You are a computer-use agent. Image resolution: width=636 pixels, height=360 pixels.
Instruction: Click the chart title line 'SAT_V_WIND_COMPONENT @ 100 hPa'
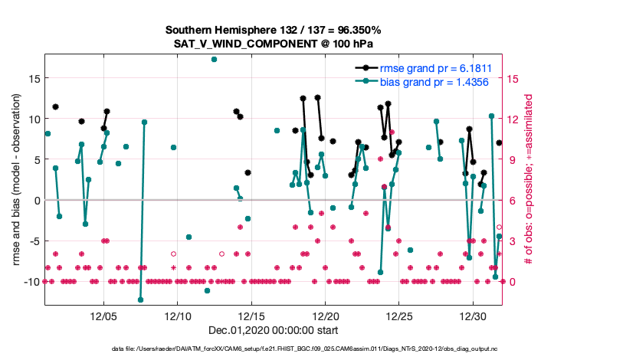273,44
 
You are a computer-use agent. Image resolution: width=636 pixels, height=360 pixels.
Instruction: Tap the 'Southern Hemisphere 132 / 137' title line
273,30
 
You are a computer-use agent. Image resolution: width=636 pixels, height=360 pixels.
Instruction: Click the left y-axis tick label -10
30,282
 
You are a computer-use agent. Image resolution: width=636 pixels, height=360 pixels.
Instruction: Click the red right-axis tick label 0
512,282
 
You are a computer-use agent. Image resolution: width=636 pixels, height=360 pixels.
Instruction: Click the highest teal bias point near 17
214,59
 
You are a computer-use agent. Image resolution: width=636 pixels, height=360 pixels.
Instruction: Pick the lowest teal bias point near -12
140,299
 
